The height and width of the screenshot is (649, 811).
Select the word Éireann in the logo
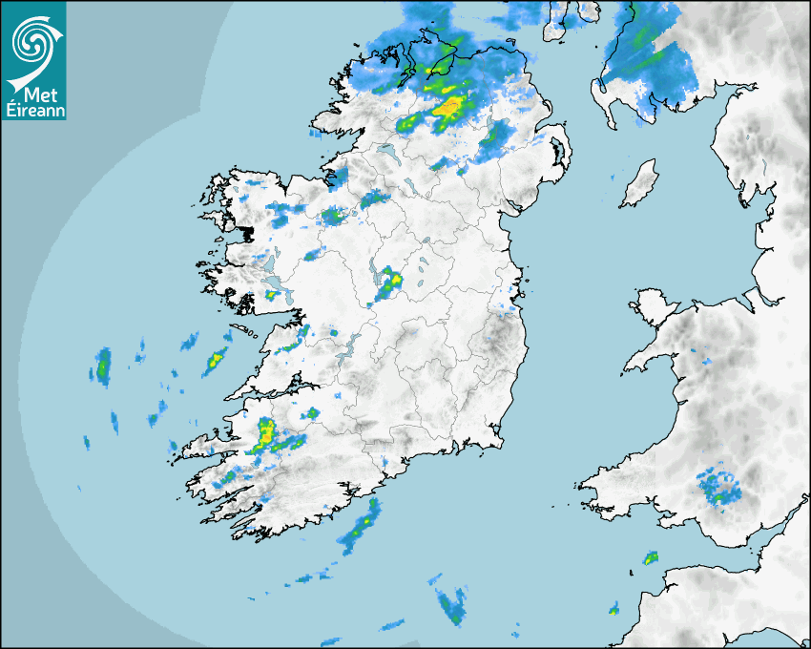[x=33, y=110]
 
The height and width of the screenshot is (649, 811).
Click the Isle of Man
[x=639, y=184]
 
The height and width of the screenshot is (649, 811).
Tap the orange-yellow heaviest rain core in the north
[x=448, y=106]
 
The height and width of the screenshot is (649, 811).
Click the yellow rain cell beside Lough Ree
[x=392, y=281]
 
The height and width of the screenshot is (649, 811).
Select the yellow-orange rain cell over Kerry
[x=266, y=434]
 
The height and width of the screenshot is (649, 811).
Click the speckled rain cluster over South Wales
[x=719, y=487]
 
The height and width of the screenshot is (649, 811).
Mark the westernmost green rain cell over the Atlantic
[x=102, y=366]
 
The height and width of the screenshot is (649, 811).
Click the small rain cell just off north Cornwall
[x=651, y=556]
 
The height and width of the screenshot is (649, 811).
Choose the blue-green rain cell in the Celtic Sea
[x=449, y=603]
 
